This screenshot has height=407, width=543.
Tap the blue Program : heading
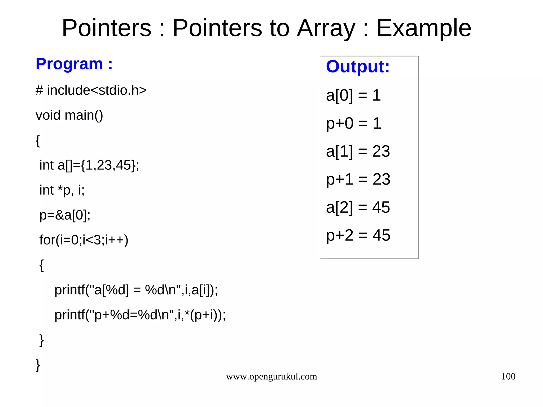(x=74, y=64)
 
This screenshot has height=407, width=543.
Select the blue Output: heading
(x=358, y=66)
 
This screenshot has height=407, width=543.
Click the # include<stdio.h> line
(x=91, y=90)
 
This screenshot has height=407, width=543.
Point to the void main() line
(x=69, y=115)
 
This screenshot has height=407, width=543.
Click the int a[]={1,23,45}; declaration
(x=89, y=165)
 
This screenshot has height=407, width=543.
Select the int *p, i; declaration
(x=62, y=190)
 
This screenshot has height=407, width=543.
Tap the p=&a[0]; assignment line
(x=65, y=215)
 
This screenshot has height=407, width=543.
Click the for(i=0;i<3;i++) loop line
(x=84, y=240)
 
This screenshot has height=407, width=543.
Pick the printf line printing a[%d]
(x=136, y=290)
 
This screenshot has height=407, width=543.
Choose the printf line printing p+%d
(x=140, y=315)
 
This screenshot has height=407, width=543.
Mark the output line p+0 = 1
(x=353, y=123)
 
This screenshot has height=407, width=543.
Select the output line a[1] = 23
(x=358, y=151)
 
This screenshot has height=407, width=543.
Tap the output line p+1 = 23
(x=358, y=179)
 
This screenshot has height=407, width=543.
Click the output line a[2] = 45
(x=358, y=207)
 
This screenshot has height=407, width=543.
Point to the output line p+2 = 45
(x=358, y=235)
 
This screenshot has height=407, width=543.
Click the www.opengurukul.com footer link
(x=271, y=377)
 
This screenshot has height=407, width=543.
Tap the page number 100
(x=508, y=377)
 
